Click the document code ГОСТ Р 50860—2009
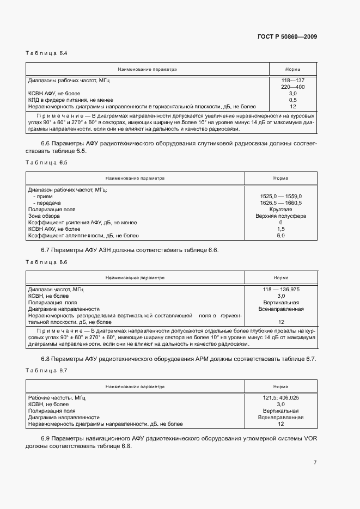(x=288, y=37)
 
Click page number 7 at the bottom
(x=315, y=463)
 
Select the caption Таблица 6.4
(x=46, y=53)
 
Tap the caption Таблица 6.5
(x=46, y=163)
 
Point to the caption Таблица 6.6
(x=46, y=262)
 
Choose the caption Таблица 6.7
(x=46, y=371)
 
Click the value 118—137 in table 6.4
(x=292, y=81)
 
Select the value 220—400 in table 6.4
(x=292, y=87)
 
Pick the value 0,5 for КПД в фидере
(x=292, y=100)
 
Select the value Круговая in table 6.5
(x=280, y=209)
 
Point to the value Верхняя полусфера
(x=280, y=216)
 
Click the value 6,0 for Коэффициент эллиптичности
(x=280, y=235)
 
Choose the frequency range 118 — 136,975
(x=281, y=289)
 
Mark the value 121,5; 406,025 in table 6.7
(x=280, y=398)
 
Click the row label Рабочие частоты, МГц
(x=57, y=398)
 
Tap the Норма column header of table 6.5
(x=280, y=178)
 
